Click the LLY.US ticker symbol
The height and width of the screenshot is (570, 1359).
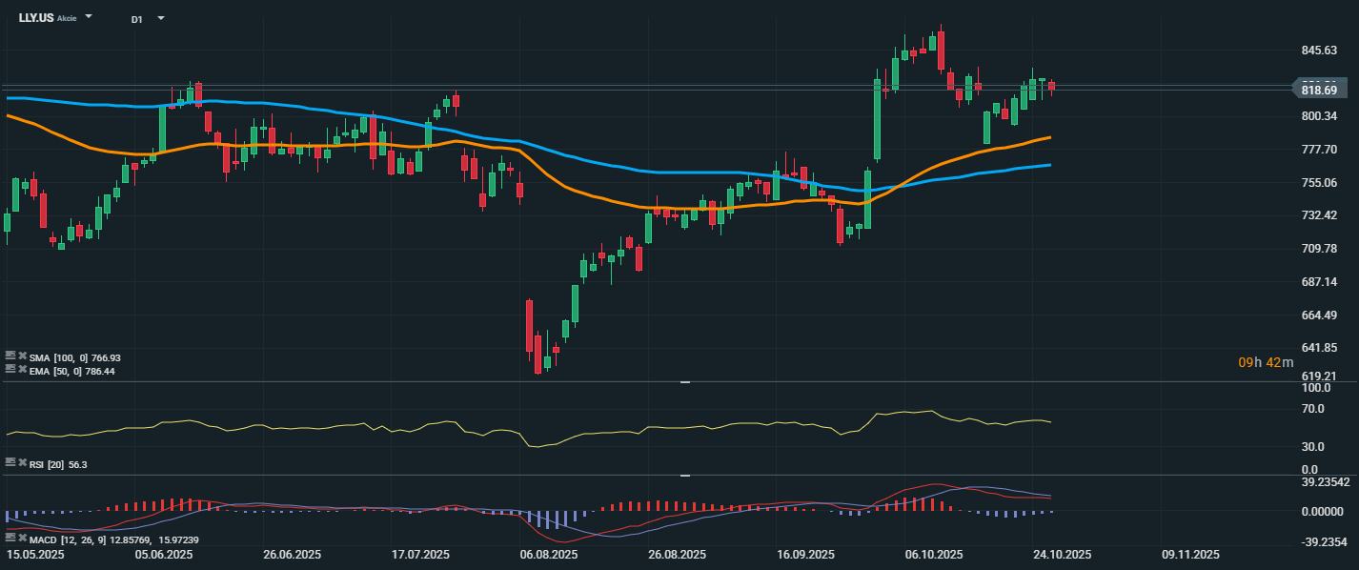coord(36,17)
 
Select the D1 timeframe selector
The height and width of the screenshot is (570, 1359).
coord(137,18)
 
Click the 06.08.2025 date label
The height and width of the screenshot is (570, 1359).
coord(549,555)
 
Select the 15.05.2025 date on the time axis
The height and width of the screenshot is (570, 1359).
coord(35,555)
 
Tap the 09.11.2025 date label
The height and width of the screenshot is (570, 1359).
coord(1190,555)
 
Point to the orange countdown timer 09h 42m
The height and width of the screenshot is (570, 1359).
coord(1266,362)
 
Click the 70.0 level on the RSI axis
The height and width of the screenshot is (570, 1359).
coord(1315,409)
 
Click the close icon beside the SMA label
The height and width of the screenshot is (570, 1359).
coord(22,356)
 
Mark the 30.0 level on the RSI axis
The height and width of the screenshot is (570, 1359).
coord(1315,446)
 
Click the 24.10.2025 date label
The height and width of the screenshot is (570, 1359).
coord(1062,555)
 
